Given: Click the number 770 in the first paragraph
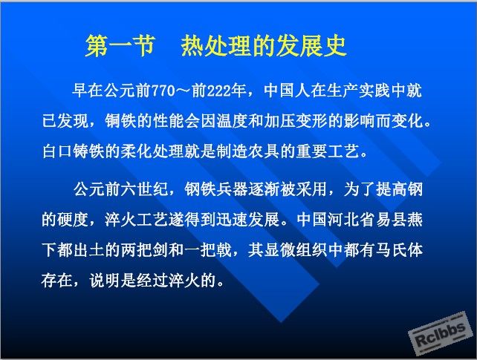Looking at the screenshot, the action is [x=163, y=91].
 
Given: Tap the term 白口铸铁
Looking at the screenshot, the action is [x=74, y=151].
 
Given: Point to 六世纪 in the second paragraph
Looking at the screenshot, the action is [x=144, y=189].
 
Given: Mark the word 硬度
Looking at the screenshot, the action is [x=74, y=220].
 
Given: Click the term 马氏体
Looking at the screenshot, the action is [x=399, y=251].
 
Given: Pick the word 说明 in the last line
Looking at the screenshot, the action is [x=105, y=281].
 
